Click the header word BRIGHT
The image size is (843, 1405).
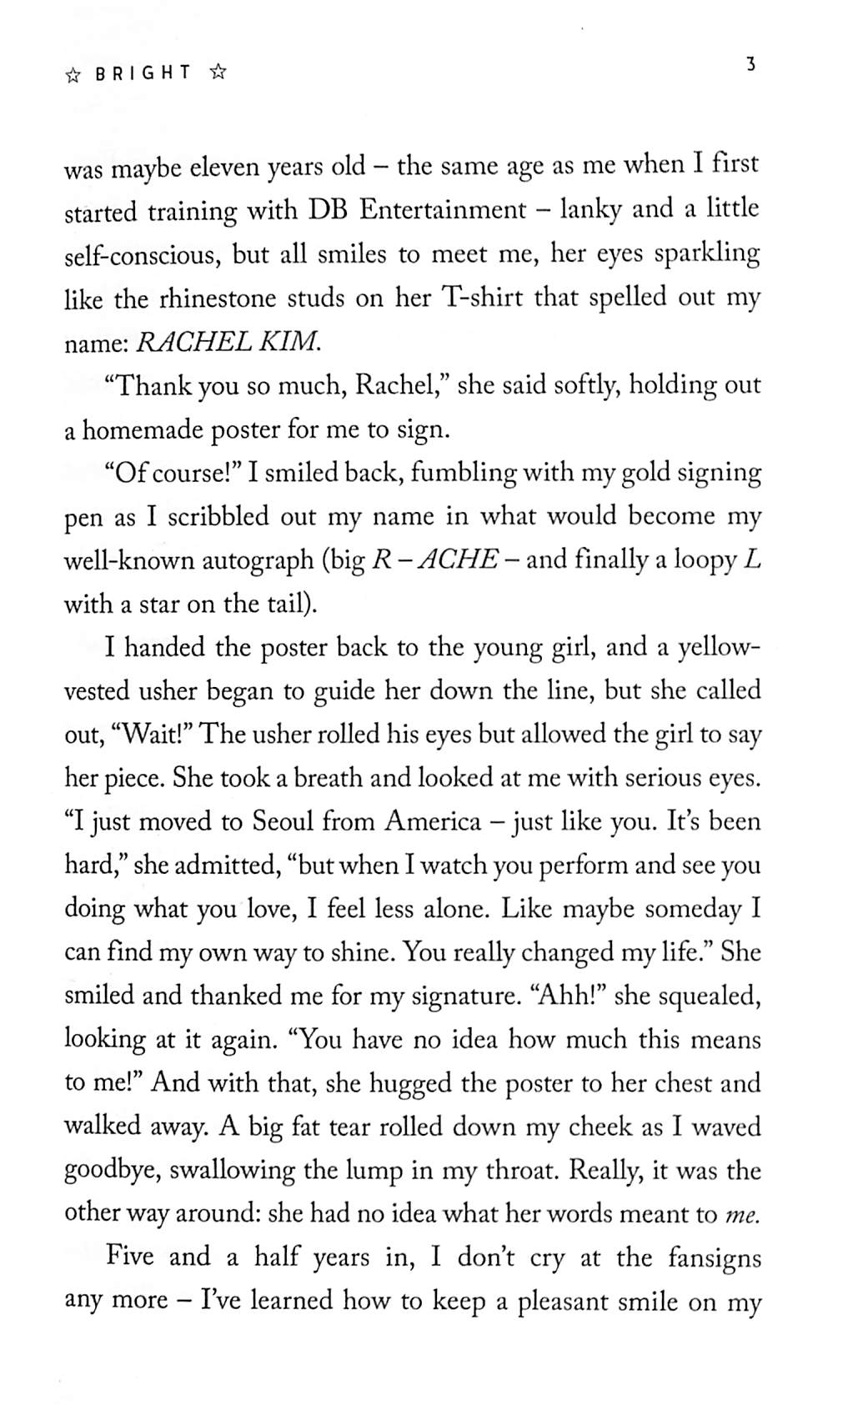[x=143, y=73]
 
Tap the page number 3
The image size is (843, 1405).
[x=750, y=63]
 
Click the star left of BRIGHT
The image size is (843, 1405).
[x=73, y=74]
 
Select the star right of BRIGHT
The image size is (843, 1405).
[x=218, y=73]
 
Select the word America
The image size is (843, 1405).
[x=433, y=822]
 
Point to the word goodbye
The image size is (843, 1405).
[x=113, y=1171]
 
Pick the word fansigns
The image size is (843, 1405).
[x=715, y=1257]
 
